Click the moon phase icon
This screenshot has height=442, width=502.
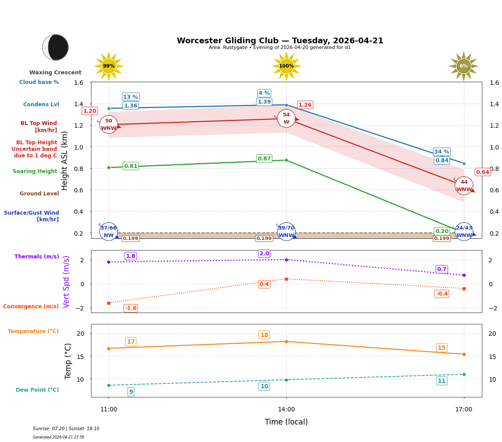coord(56,47)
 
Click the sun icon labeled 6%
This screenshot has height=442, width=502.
coord(463,66)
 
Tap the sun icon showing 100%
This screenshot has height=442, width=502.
coord(286,66)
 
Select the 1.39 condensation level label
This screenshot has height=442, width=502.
coord(264,102)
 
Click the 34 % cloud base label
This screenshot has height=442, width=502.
coord(442,152)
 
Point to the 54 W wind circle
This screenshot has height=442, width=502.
coord(286,118)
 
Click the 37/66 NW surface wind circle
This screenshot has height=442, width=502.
coord(109,231)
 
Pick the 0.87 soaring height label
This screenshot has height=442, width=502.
coord(264,159)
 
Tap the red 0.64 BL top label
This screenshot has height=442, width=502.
coord(482,172)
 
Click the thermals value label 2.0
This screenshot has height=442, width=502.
coord(264,254)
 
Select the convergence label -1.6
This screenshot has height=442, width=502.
coord(130,308)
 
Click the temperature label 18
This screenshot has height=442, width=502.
coord(264,335)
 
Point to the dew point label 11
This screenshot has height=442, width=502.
coord(442,381)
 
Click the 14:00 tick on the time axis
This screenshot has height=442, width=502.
coord(286,409)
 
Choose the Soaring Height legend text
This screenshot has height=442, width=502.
coord(35,171)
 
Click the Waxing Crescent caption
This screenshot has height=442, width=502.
coord(55,73)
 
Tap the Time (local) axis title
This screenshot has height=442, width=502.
coord(286,422)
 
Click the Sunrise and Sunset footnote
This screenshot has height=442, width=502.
coord(66,429)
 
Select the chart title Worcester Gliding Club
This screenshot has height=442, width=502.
coord(280,41)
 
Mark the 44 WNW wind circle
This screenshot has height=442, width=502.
coord(464,186)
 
